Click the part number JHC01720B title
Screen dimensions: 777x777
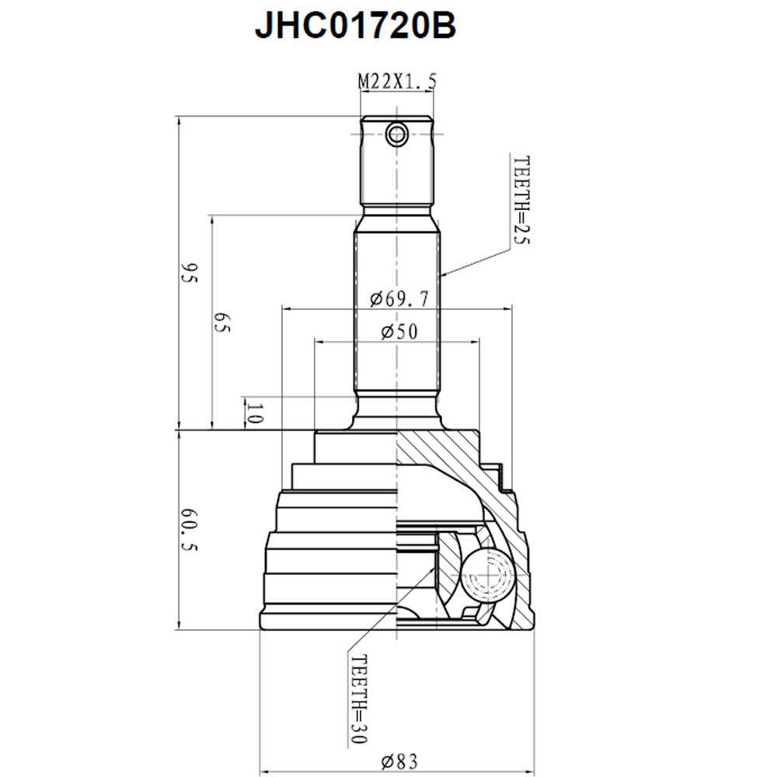pos(355,26)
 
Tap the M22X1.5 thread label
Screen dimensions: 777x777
pos(398,82)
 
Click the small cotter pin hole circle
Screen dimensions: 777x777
pos(397,134)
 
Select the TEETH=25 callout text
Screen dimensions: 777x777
pos(521,200)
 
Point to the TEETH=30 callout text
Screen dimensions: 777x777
pos(359,699)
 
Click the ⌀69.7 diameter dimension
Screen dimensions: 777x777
pos(399,299)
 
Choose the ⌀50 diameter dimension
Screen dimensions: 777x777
pos(399,332)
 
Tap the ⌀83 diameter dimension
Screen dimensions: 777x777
pos(399,761)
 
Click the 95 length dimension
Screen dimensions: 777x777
pos(190,273)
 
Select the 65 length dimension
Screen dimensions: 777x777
pos(222,322)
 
